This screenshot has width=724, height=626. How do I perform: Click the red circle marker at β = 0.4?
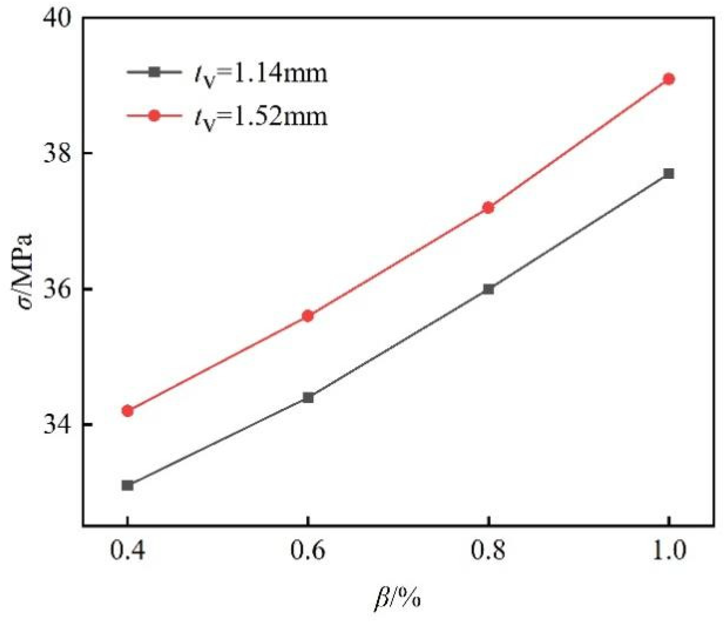[x=127, y=411]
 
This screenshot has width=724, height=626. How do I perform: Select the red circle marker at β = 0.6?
[x=308, y=316]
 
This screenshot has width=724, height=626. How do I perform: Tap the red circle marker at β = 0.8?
[x=488, y=208]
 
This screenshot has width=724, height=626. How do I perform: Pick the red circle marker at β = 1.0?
[x=668, y=79]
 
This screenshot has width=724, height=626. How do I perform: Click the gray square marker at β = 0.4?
[x=127, y=485]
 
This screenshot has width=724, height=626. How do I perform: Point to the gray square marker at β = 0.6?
[x=308, y=398]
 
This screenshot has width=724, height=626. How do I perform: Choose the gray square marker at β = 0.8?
[x=488, y=289]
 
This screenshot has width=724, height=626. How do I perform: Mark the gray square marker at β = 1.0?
[x=668, y=174]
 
